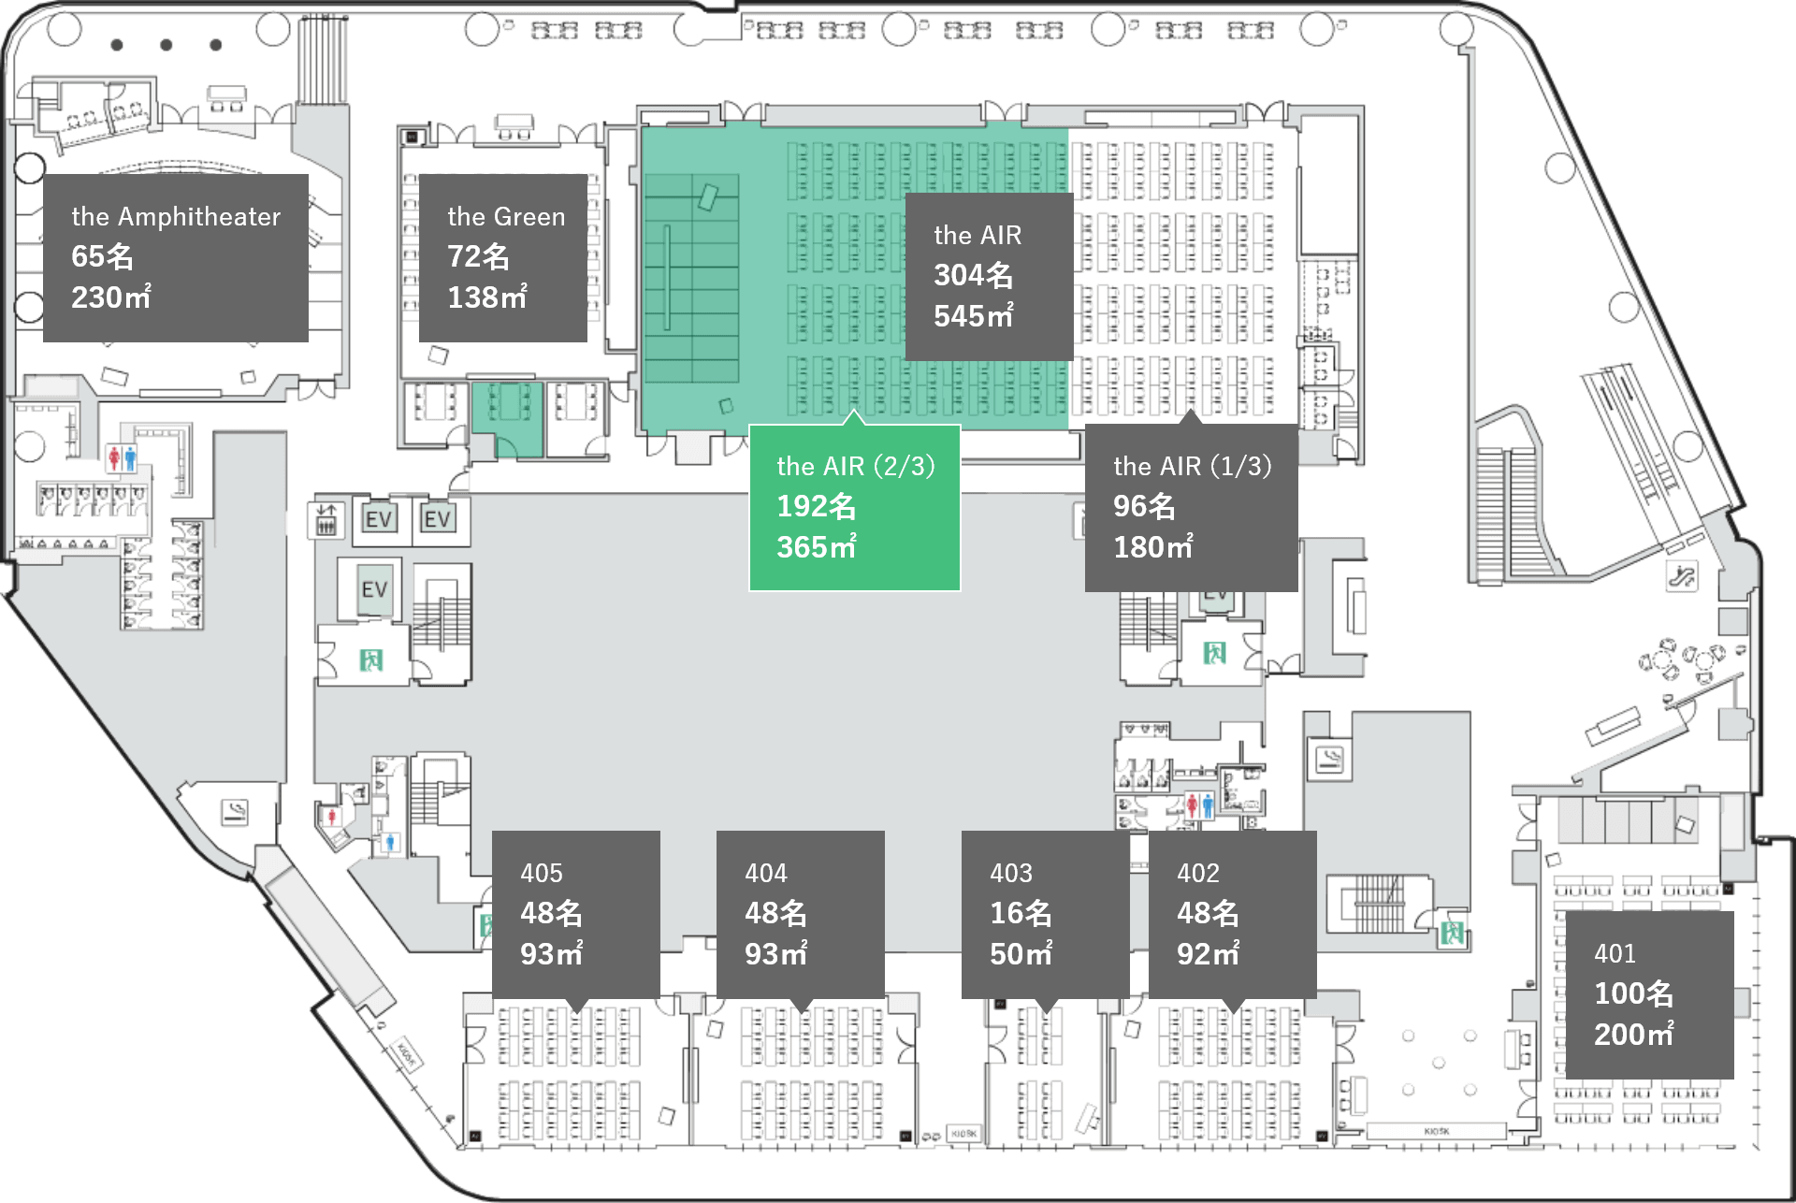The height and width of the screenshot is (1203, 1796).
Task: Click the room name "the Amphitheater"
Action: [x=176, y=217]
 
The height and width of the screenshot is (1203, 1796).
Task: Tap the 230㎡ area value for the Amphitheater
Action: [x=111, y=297]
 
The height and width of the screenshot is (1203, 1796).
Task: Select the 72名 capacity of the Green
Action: [x=478, y=256]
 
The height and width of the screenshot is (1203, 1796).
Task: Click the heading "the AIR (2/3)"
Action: [x=855, y=466]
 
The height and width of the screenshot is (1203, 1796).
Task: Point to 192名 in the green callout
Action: [x=816, y=506]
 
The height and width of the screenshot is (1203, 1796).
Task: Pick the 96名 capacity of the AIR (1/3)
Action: [x=1143, y=506]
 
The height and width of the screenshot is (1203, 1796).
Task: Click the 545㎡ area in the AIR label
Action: [x=973, y=316]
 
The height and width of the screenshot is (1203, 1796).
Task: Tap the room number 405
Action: [x=542, y=873]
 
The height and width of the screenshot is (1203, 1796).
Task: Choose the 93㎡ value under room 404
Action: [x=775, y=954]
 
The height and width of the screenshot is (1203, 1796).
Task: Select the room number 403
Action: [x=1011, y=873]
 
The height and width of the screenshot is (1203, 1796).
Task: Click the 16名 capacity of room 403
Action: [x=1021, y=913]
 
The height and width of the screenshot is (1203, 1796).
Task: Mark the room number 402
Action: [x=1198, y=873]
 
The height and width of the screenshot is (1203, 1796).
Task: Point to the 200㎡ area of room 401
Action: [x=1633, y=1035]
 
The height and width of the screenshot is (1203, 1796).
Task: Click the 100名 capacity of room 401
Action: [x=1633, y=993]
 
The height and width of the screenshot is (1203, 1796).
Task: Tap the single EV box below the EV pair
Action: [x=375, y=589]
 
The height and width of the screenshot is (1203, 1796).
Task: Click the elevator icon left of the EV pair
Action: [x=326, y=519]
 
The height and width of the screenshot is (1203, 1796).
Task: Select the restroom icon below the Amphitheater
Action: [x=123, y=458]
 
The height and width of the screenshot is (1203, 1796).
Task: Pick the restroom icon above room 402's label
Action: [x=1199, y=804]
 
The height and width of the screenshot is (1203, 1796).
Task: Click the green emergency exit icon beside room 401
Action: [x=1453, y=932]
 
